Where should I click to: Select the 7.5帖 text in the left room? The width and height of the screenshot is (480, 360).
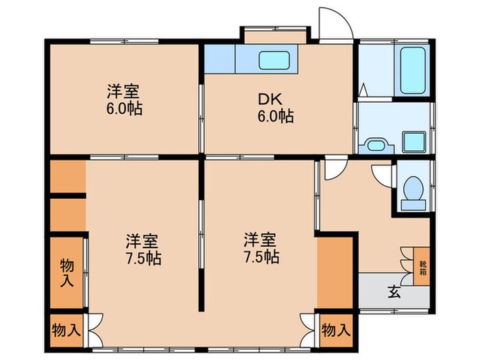(x=143, y=259)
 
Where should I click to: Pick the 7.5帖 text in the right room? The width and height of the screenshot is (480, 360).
(x=261, y=258)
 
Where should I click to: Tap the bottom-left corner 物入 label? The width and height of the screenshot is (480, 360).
(x=66, y=330)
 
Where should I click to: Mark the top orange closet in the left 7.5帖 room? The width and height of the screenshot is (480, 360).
(x=67, y=177)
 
